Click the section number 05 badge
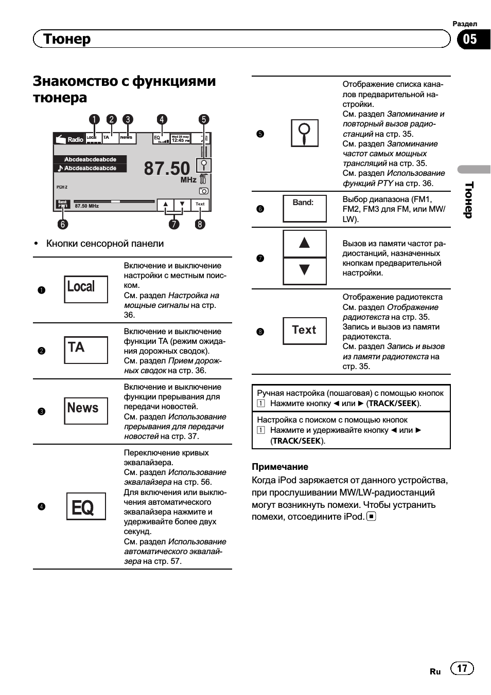[470, 39]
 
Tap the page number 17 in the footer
[462, 668]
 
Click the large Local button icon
[86, 289]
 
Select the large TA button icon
[86, 350]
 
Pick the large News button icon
[86, 410]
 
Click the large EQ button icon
[86, 506]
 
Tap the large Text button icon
[305, 331]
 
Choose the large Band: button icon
[305, 208]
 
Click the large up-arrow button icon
[305, 243]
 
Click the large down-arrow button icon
[305, 270]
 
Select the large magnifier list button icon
[305, 133]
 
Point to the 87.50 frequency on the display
[167, 168]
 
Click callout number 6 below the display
[62, 224]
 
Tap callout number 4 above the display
[162, 120]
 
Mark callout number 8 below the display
[200, 224]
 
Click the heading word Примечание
[280, 467]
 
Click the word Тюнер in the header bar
[67, 39]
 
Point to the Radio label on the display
[75, 139]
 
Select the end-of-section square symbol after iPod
[371, 516]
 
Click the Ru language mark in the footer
[435, 671]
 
